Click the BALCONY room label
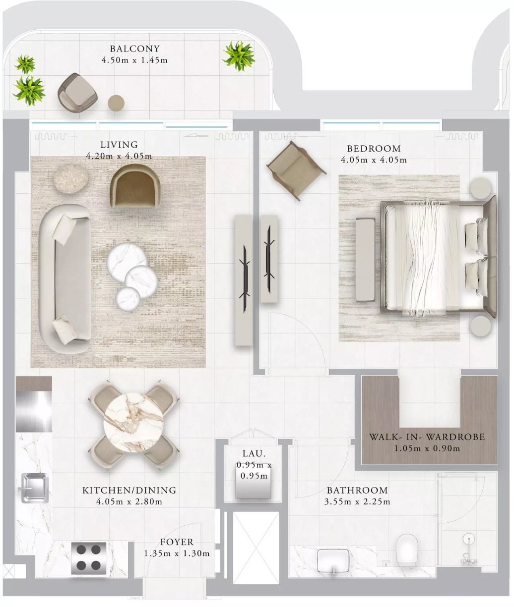coord(134,49)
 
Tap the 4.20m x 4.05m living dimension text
coord(119,156)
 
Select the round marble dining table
coord(133,422)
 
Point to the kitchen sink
coord(34,488)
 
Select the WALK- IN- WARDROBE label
coord(427,437)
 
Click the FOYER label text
coord(177,542)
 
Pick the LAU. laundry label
coord(254,454)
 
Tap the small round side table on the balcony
coord(116,103)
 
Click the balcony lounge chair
coord(77,92)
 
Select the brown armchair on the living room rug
coord(135,186)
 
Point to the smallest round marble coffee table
coord(128,299)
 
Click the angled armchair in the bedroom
coord(296,170)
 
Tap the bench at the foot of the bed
coord(365,260)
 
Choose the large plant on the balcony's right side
coord(239,56)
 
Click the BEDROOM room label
coord(374,149)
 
